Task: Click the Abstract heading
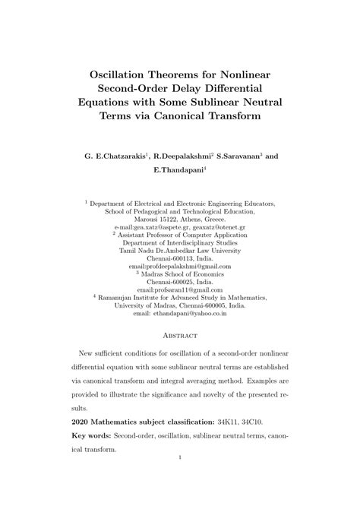coord(180,335)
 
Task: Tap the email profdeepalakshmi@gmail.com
coord(180,267)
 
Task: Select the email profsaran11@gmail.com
coord(180,289)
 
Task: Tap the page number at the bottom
coord(180,457)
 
